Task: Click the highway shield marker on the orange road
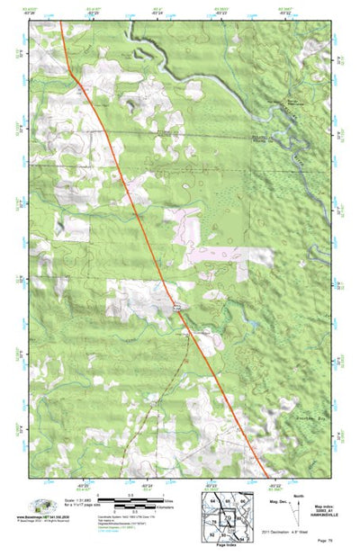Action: [x=179, y=307]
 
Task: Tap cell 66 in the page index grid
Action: [x=243, y=499]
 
